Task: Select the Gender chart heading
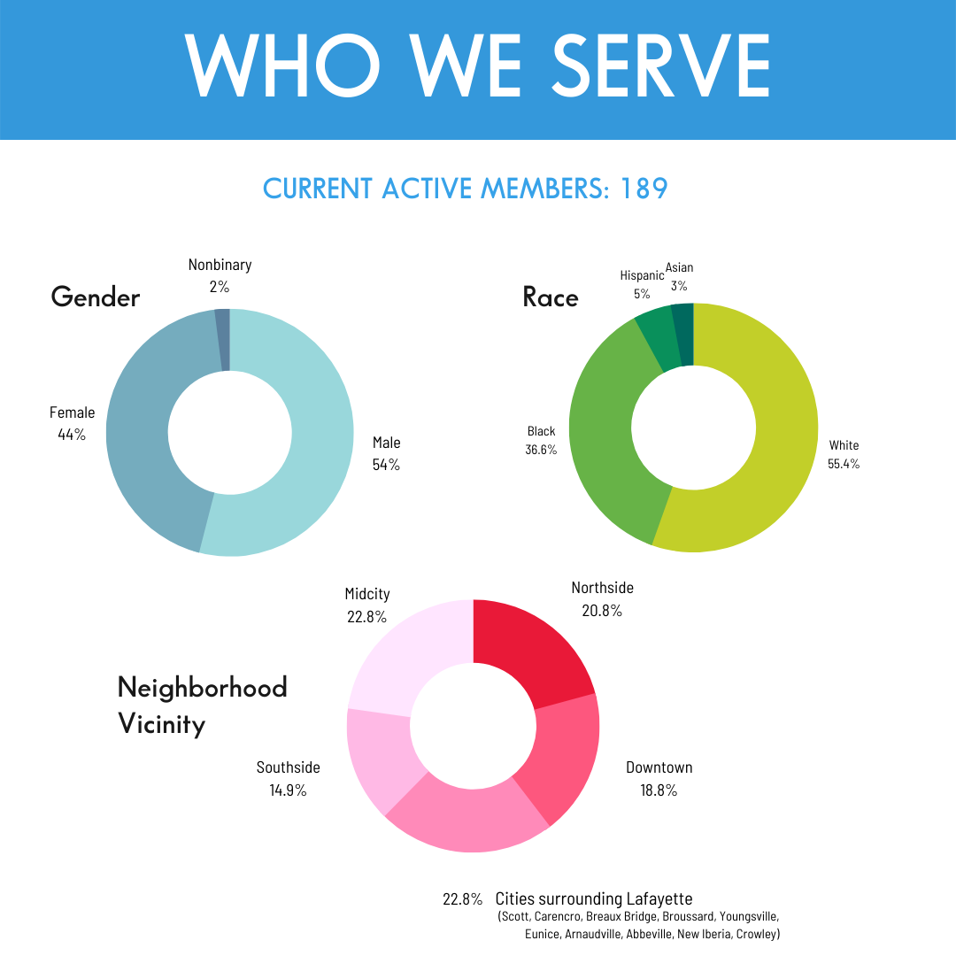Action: pyautogui.click(x=96, y=297)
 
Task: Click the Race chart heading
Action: pyautogui.click(x=551, y=297)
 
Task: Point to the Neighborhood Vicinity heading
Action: pyautogui.click(x=202, y=705)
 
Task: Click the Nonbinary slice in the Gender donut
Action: pyautogui.click(x=223, y=321)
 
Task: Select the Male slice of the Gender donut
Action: pyautogui.click(x=319, y=434)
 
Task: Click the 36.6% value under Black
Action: pyautogui.click(x=541, y=450)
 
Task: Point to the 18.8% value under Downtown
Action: pyautogui.click(x=659, y=790)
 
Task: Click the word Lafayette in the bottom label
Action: pyautogui.click(x=659, y=898)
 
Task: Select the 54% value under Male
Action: pyautogui.click(x=386, y=464)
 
